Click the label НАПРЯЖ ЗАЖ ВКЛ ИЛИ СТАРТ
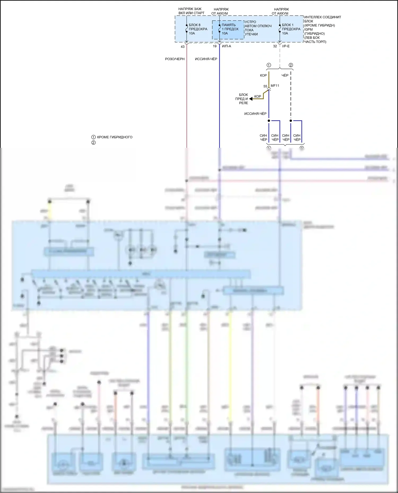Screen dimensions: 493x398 point(191,11)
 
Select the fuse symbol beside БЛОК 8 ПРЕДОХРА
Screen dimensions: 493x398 point(187,29)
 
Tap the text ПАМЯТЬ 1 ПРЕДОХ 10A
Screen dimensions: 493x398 point(230,29)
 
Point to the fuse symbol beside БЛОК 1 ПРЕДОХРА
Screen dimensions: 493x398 point(280,29)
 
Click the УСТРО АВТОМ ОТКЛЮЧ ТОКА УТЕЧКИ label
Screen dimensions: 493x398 point(258,28)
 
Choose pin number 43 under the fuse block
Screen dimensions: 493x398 point(183,47)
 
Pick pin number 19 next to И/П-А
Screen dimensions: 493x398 point(215,46)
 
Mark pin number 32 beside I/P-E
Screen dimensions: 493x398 point(275,46)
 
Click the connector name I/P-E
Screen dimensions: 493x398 point(286,46)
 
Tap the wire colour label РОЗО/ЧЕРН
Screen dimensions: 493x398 point(175,59)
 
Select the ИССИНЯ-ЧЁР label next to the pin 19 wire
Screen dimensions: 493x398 point(206,59)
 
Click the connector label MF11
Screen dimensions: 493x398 point(275,86)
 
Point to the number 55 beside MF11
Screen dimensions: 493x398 point(265,86)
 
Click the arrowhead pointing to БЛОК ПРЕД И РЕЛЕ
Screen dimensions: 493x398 point(251,99)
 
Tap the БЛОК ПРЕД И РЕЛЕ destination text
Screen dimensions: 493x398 point(242,99)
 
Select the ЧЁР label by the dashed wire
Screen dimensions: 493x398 point(285,75)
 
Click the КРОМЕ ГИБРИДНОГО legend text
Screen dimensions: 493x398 point(115,137)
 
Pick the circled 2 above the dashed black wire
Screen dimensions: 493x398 point(291,65)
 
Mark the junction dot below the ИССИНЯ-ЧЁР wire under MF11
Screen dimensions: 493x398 point(269,121)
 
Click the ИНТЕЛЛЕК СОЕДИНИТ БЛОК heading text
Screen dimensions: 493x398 point(322,19)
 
